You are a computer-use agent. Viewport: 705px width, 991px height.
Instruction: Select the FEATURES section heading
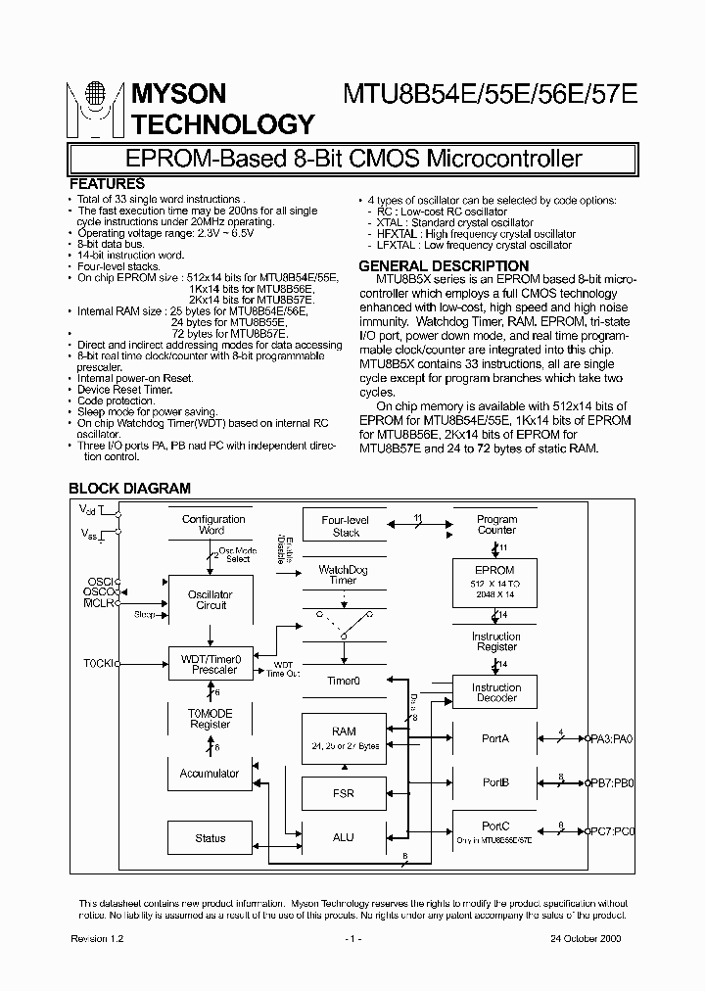pyautogui.click(x=108, y=184)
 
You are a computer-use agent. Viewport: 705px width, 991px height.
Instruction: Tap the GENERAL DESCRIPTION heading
pyautogui.click(x=444, y=265)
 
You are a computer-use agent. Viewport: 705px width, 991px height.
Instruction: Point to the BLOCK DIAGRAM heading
pyautogui.click(x=129, y=488)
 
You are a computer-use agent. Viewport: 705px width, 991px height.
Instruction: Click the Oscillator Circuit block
pyautogui.click(x=211, y=599)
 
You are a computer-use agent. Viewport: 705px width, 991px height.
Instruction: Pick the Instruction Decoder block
pyautogui.click(x=495, y=692)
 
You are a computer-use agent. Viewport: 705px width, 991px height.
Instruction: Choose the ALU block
pyautogui.click(x=343, y=837)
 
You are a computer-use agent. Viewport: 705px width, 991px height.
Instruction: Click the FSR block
pyautogui.click(x=343, y=791)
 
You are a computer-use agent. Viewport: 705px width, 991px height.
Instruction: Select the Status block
pyautogui.click(x=211, y=837)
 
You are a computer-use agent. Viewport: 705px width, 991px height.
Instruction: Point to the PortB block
pyautogui.click(x=495, y=782)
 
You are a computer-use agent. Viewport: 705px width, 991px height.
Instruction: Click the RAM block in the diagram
pyautogui.click(x=343, y=737)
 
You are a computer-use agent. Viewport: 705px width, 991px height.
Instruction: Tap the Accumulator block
pyautogui.click(x=210, y=774)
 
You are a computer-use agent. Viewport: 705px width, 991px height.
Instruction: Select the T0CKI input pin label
pyautogui.click(x=97, y=664)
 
